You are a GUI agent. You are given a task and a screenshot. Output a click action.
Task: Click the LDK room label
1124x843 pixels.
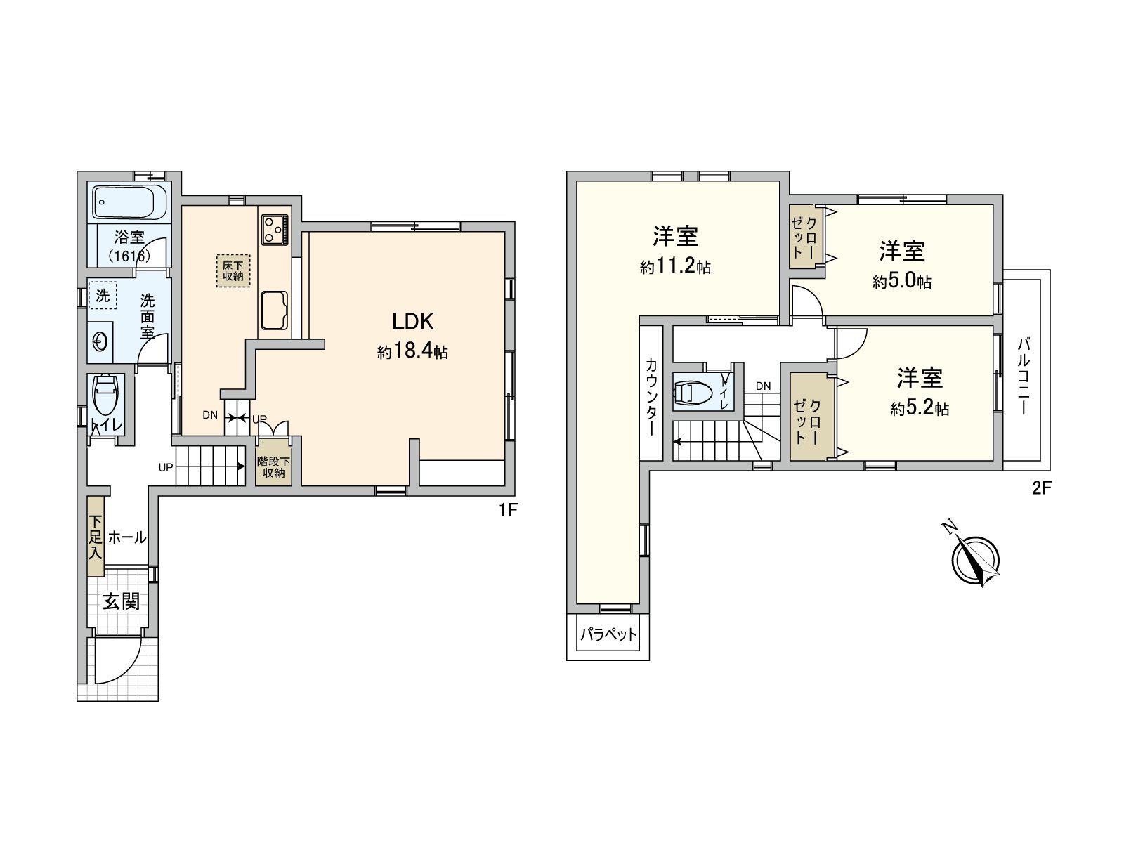(412, 322)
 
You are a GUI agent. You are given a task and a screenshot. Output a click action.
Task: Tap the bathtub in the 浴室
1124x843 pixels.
(129, 202)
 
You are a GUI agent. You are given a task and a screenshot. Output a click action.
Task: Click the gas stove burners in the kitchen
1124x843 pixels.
(275, 229)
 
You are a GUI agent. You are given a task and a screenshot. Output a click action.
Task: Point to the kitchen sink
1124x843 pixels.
(275, 310)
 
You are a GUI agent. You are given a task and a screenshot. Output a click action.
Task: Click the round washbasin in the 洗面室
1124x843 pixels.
(100, 342)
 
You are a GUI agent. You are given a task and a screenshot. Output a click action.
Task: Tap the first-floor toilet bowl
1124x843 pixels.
(107, 398)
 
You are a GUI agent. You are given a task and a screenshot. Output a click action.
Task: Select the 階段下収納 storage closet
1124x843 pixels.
(274, 467)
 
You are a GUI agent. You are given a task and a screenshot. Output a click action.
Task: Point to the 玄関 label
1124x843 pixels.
(122, 601)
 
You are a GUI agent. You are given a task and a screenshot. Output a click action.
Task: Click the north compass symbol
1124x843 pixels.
(975, 560)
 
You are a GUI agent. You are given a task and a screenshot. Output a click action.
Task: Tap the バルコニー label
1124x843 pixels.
(1024, 376)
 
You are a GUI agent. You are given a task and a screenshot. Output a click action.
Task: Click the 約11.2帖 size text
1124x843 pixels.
(675, 268)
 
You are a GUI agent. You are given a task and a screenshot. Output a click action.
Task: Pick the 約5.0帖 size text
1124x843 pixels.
(902, 282)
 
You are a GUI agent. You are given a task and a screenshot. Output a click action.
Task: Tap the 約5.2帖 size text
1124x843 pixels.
(920, 409)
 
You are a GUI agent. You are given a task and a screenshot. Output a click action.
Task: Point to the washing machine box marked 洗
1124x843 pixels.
(103, 296)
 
